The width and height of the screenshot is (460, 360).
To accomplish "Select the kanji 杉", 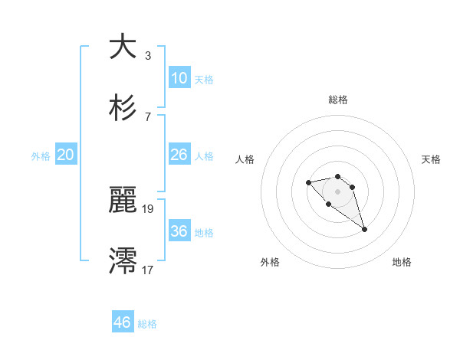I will point(123,108).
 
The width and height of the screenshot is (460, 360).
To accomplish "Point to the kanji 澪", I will point(123,260).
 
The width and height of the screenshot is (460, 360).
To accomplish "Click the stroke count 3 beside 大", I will point(148,55).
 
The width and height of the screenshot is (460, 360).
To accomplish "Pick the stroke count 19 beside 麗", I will point(148,208).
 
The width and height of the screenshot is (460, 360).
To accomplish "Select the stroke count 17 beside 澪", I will point(148,269).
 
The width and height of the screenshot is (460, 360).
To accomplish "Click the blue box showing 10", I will point(179,78).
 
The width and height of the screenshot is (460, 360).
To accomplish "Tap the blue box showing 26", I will point(179,155).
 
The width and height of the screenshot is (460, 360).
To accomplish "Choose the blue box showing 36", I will point(179,231).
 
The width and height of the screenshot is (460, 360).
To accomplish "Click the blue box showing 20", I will point(66,155).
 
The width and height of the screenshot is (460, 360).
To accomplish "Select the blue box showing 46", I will point(123,322).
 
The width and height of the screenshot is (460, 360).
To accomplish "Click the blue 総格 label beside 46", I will point(147,324).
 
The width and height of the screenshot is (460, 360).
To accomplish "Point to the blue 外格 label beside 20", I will point(41,156).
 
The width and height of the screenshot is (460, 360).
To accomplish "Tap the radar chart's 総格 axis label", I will point(338,100).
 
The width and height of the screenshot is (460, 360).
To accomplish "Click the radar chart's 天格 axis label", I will point(432,159).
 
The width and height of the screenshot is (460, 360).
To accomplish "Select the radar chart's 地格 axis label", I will point(402,262).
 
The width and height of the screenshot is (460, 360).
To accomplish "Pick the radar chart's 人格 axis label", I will point(245,159).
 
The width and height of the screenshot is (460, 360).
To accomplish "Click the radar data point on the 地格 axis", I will point(365,229).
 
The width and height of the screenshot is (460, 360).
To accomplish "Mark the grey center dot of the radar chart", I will point(337,191).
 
